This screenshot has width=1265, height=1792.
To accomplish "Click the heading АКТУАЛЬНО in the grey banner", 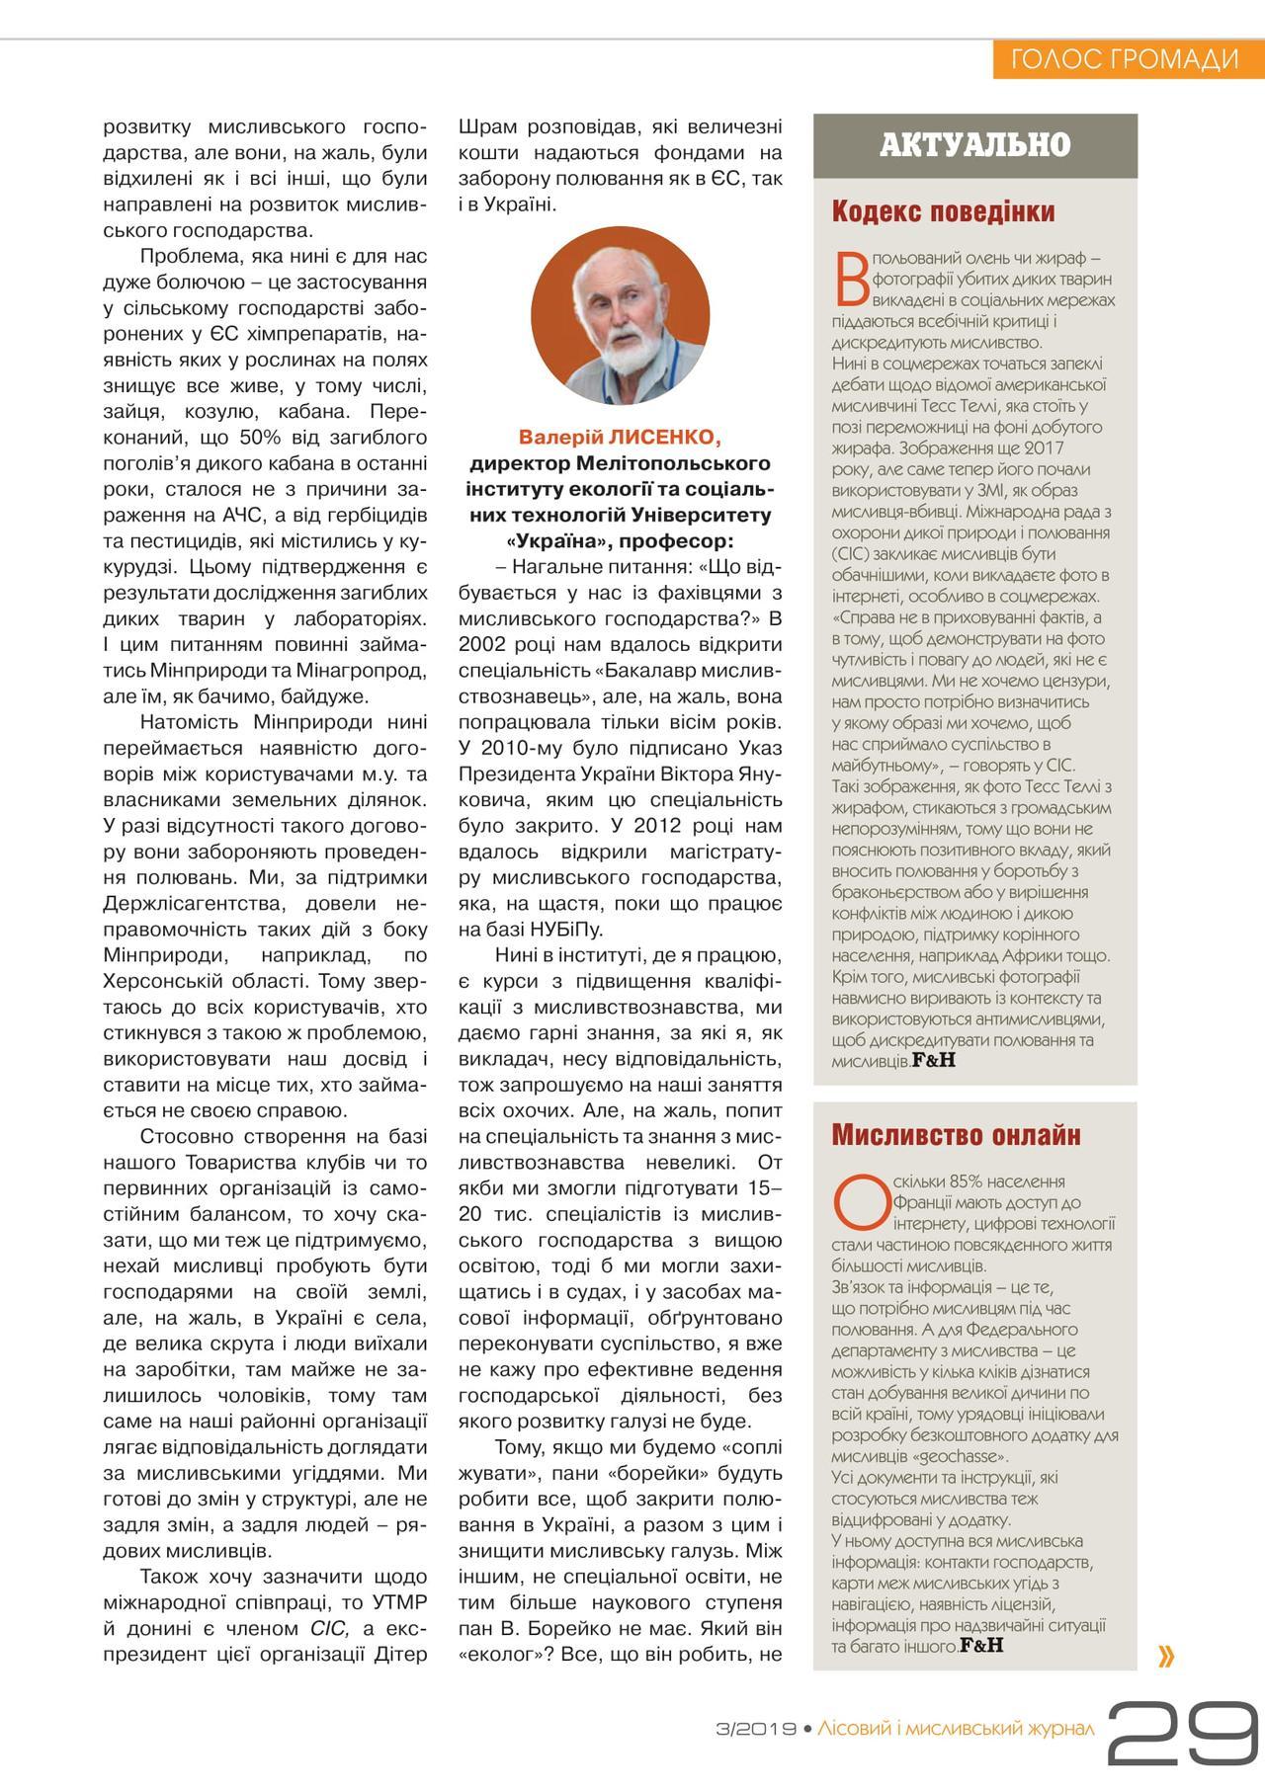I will point(974,145).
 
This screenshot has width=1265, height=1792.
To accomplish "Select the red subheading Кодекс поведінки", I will point(943,211).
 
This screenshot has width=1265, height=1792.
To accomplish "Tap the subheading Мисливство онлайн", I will point(956,1134).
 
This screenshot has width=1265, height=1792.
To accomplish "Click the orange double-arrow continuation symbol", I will point(1166,1656).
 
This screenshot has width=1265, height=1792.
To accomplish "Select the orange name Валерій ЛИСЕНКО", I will point(620,438).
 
